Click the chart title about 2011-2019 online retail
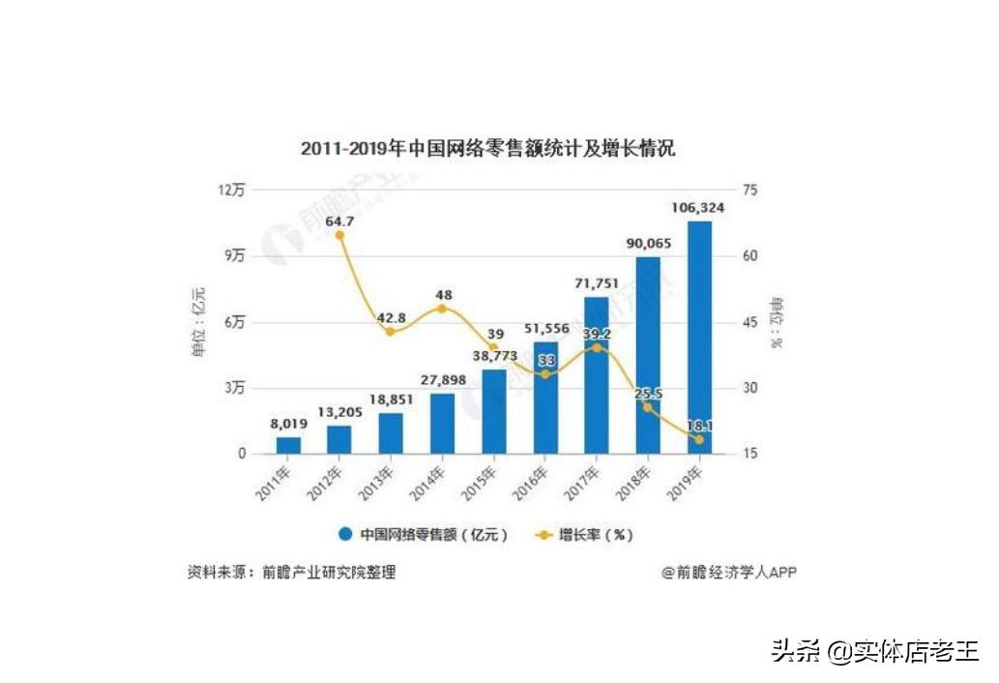coord(487,149)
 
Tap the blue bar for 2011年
coord(288,445)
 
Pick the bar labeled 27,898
coord(442,424)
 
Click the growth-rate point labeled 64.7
coord(339,235)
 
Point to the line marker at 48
coord(442,309)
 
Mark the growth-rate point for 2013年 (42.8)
coord(391,331)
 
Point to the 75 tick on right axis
coord(748,191)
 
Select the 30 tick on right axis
coord(748,388)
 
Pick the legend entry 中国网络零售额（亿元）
coord(423,534)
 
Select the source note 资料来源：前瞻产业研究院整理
coord(291,572)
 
